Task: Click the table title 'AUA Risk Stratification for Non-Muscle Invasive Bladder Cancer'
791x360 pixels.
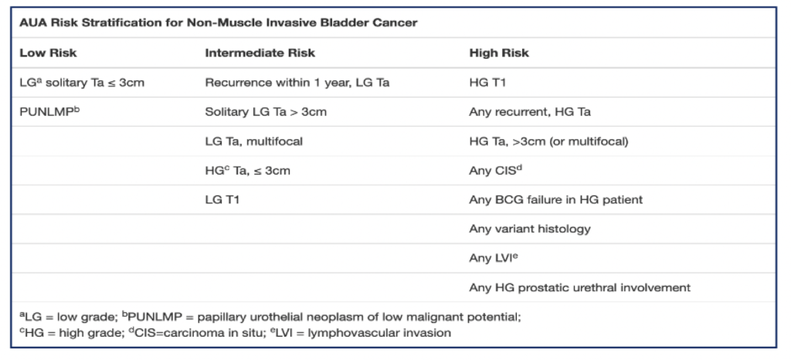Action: point(219,22)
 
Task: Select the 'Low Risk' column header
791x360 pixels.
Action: point(48,53)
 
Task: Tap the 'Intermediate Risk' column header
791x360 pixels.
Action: point(260,53)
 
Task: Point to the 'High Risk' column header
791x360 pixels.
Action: point(499,53)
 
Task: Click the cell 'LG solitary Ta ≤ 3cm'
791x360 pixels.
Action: point(82,82)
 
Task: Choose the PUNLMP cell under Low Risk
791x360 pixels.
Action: point(49,111)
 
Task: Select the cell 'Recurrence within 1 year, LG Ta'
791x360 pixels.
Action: point(297,83)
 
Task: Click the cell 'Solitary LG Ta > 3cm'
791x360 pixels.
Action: point(266,112)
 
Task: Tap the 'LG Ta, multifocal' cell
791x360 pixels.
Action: point(253,141)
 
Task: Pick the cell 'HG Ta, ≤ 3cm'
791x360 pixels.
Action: point(248,170)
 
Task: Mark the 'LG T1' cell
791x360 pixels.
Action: point(222,199)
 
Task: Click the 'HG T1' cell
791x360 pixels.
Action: point(487,83)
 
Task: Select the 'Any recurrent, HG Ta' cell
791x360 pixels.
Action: point(530,112)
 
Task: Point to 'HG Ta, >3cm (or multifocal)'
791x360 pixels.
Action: point(549,141)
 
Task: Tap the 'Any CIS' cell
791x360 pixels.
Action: point(495,170)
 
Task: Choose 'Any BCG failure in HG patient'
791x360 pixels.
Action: point(556,199)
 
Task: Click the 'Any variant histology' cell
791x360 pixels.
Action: point(530,229)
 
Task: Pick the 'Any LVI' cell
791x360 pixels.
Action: point(494,258)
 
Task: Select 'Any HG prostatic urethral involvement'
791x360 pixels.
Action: point(579,287)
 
